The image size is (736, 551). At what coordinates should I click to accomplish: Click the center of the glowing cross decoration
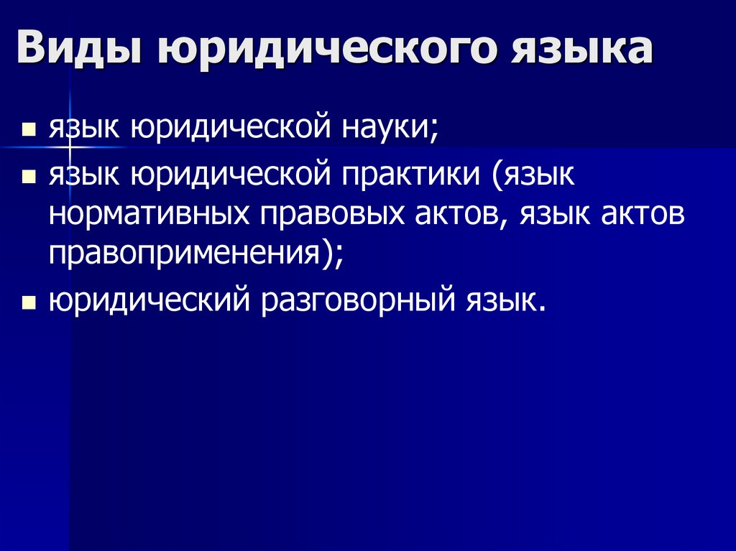[70, 147]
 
